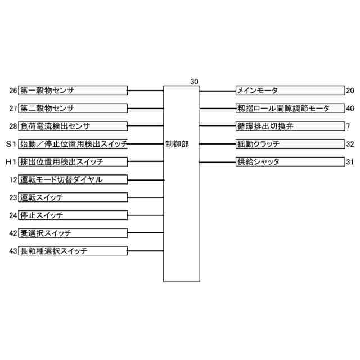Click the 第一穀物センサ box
pyautogui.click(x=73, y=90)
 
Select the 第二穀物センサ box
pyautogui.click(x=73, y=108)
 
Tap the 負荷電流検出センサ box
pyautogui.click(x=73, y=126)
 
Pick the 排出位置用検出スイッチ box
pyautogui.click(x=73, y=162)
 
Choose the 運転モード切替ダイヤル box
pyautogui.click(x=73, y=180)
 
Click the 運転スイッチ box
pyautogui.click(x=73, y=197)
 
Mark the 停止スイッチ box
pyautogui.click(x=73, y=215)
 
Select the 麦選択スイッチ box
pyautogui.click(x=73, y=233)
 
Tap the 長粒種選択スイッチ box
pyautogui.click(x=73, y=251)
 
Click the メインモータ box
pyautogui.click(x=290, y=91)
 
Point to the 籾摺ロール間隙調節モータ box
pyautogui.click(x=290, y=108)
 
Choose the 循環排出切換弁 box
pyautogui.click(x=290, y=126)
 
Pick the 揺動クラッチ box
pyautogui.click(x=290, y=144)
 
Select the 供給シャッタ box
pyautogui.click(x=290, y=162)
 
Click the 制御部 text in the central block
pyautogui.click(x=178, y=144)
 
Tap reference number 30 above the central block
pyautogui.click(x=194, y=82)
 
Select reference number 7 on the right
pyautogui.click(x=349, y=126)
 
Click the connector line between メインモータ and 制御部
pyautogui.click(x=218, y=91)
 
